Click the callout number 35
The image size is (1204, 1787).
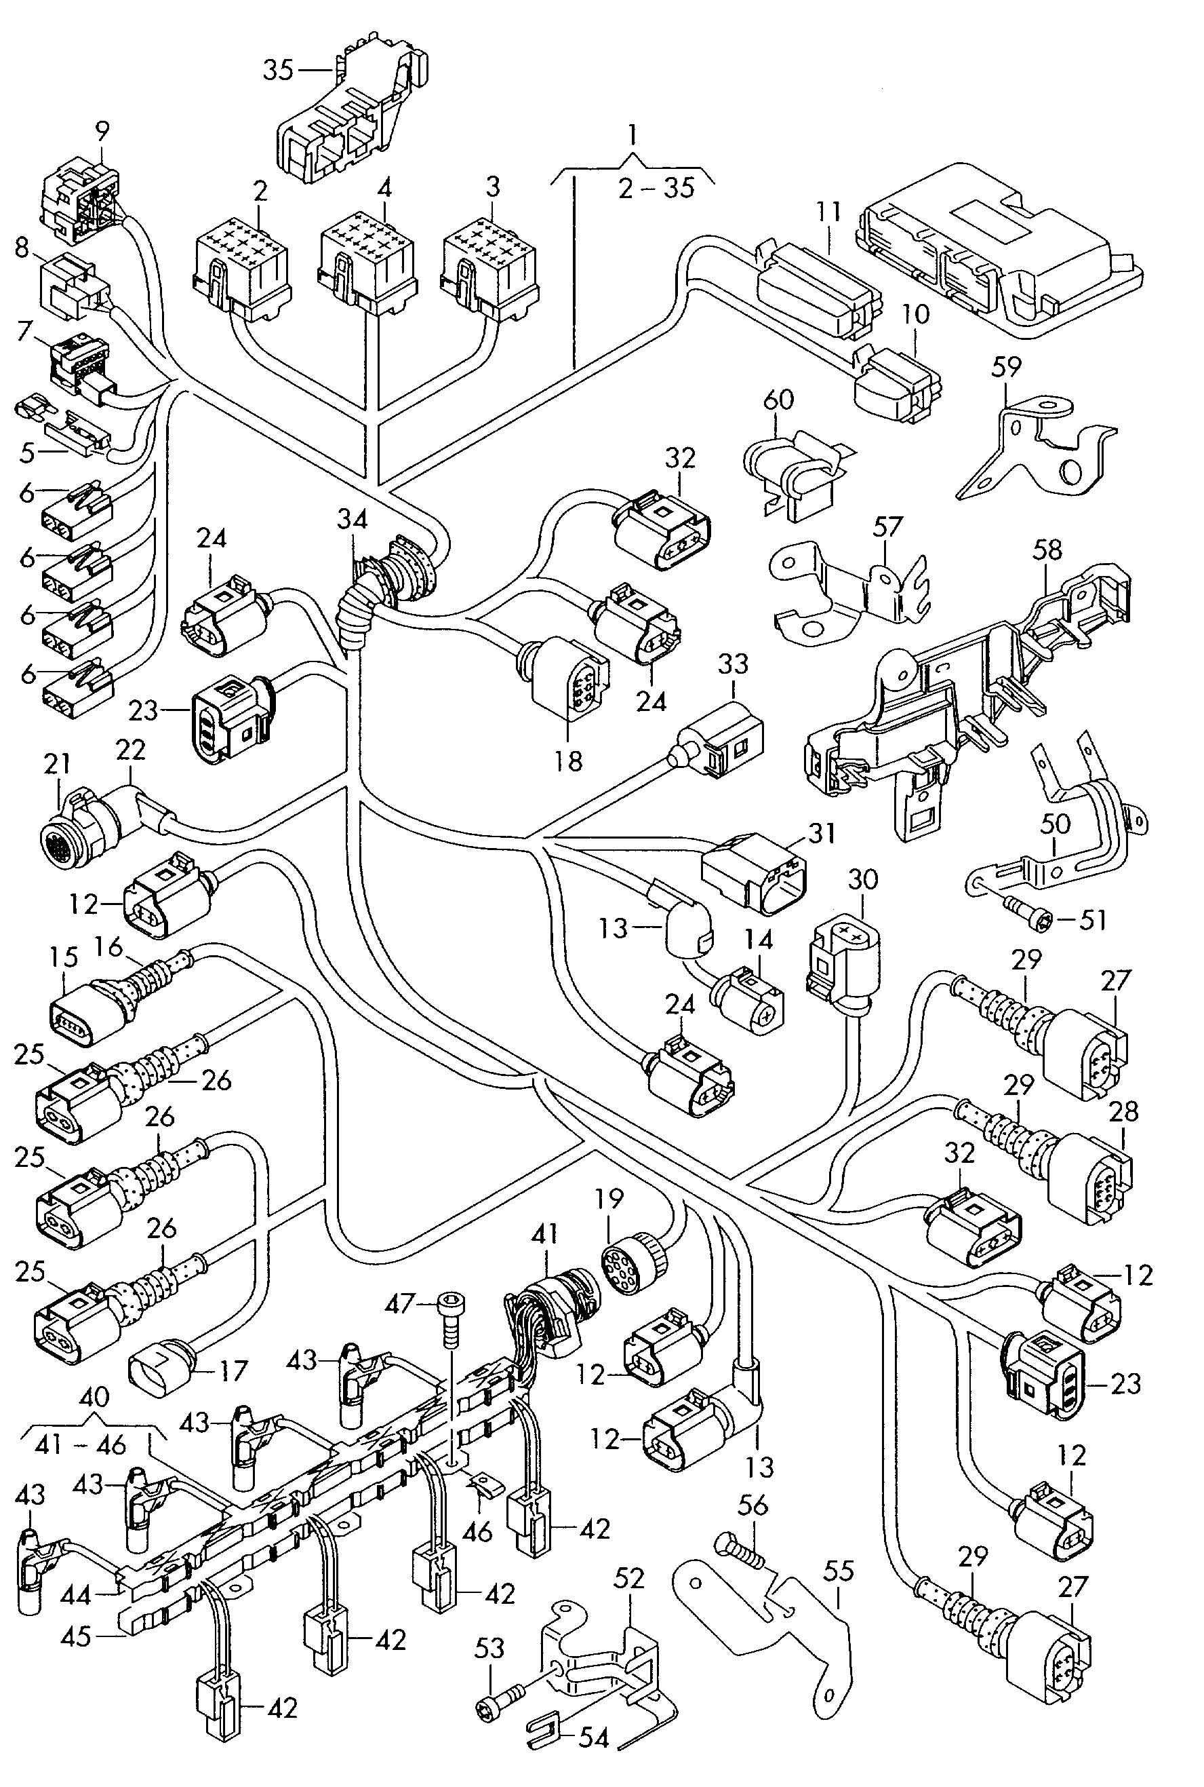278,70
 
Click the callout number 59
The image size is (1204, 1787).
1007,367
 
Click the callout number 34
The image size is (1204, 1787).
353,520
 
